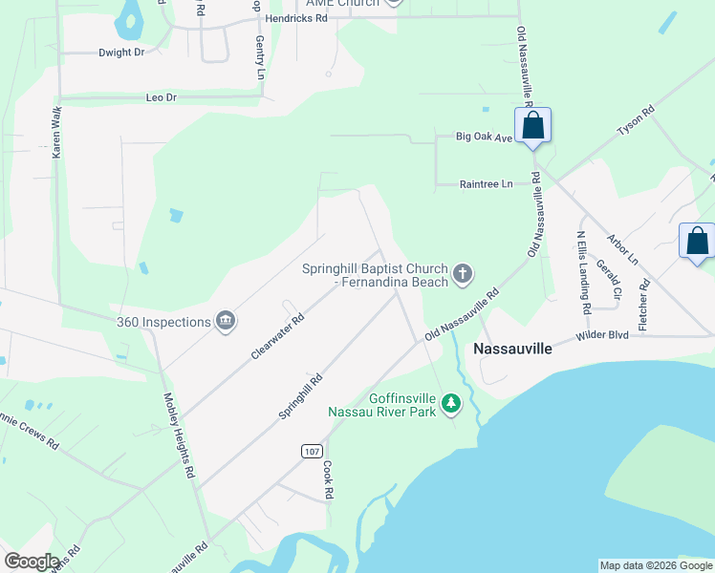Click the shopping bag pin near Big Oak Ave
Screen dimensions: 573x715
pyautogui.click(x=532, y=127)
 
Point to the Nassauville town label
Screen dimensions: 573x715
pyautogui.click(x=513, y=350)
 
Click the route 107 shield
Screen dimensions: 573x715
pyautogui.click(x=312, y=451)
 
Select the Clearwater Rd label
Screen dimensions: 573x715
pyautogui.click(x=277, y=336)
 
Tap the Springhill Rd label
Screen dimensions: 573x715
pyautogui.click(x=301, y=395)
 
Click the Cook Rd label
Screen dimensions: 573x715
pyautogui.click(x=328, y=481)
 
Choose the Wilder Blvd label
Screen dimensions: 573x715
pyautogui.click(x=602, y=336)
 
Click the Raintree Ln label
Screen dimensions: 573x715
pyautogui.click(x=486, y=183)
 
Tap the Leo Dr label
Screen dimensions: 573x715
pyautogui.click(x=161, y=97)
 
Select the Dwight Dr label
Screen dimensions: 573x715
pyautogui.click(x=121, y=53)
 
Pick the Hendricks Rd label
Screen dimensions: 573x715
pyautogui.click(x=297, y=17)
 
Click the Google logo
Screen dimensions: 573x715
pyautogui.click(x=32, y=562)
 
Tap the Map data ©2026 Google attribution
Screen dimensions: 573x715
pyautogui.click(x=656, y=565)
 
